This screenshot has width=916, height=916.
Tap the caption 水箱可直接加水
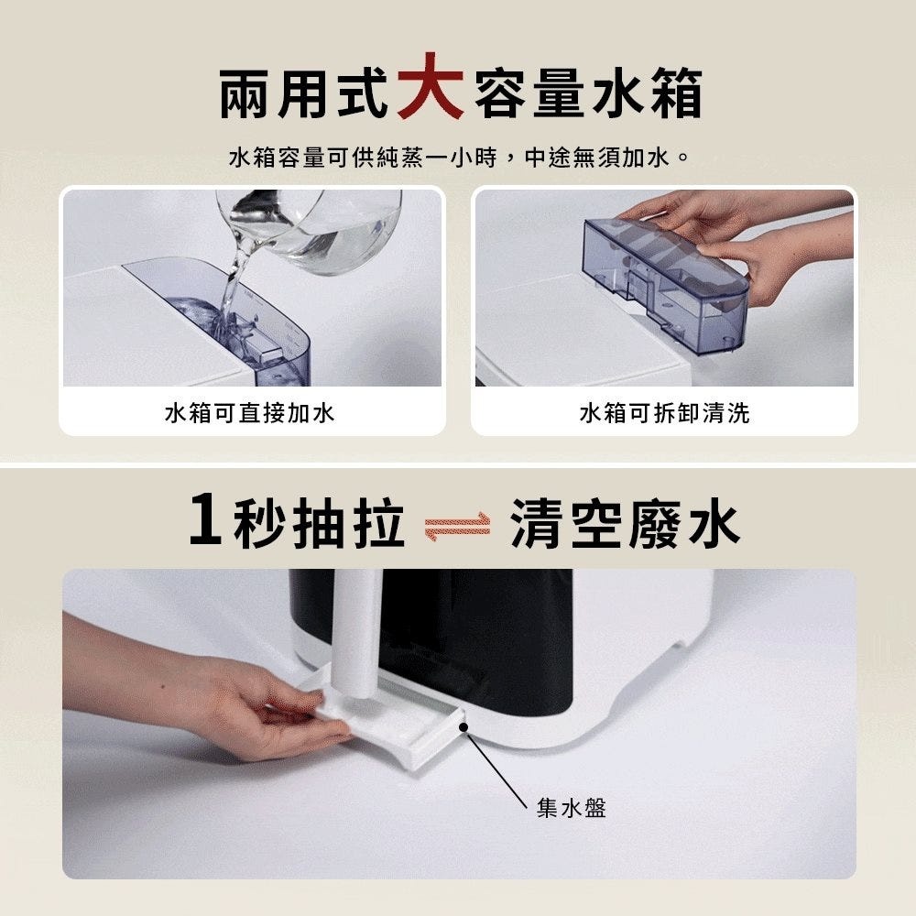[x=250, y=413]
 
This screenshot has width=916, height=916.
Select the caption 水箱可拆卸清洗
[x=664, y=413]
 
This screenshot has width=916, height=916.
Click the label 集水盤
[x=572, y=808]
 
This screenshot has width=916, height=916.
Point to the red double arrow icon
[x=457, y=527]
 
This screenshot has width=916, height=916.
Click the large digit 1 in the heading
[x=206, y=518]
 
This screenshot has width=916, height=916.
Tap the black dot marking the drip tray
[x=463, y=727]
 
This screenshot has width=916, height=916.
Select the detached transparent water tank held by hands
[x=665, y=285]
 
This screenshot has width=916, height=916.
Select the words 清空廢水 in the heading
[x=625, y=523]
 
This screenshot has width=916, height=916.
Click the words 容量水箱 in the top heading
[x=588, y=93]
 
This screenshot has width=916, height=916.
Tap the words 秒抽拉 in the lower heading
[x=319, y=523]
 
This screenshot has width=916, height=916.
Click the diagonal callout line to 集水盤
[x=497, y=769]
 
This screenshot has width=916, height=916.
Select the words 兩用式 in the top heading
[x=304, y=93]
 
